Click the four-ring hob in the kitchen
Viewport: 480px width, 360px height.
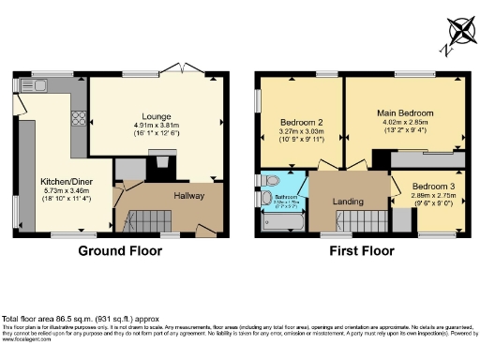coord(79,118)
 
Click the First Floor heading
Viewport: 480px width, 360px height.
coord(360,251)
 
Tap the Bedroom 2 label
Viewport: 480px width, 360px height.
coord(301,123)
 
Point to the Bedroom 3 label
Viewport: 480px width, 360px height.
coord(433,187)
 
